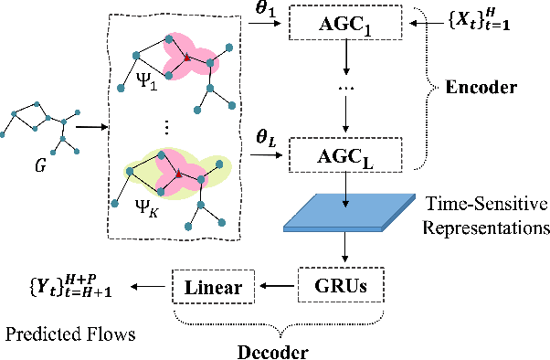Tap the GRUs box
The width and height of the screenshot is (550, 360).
(x=344, y=286)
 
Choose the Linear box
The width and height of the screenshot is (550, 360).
(x=213, y=287)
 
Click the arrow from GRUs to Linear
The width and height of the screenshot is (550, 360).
(x=277, y=287)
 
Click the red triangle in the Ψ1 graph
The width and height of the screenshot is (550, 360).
(x=186, y=58)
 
